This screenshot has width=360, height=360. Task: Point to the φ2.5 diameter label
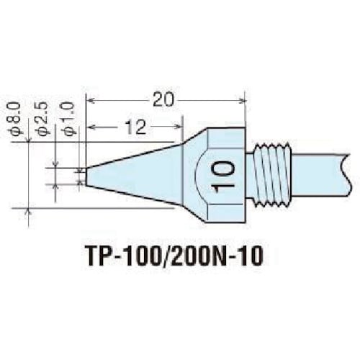(42, 119)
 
